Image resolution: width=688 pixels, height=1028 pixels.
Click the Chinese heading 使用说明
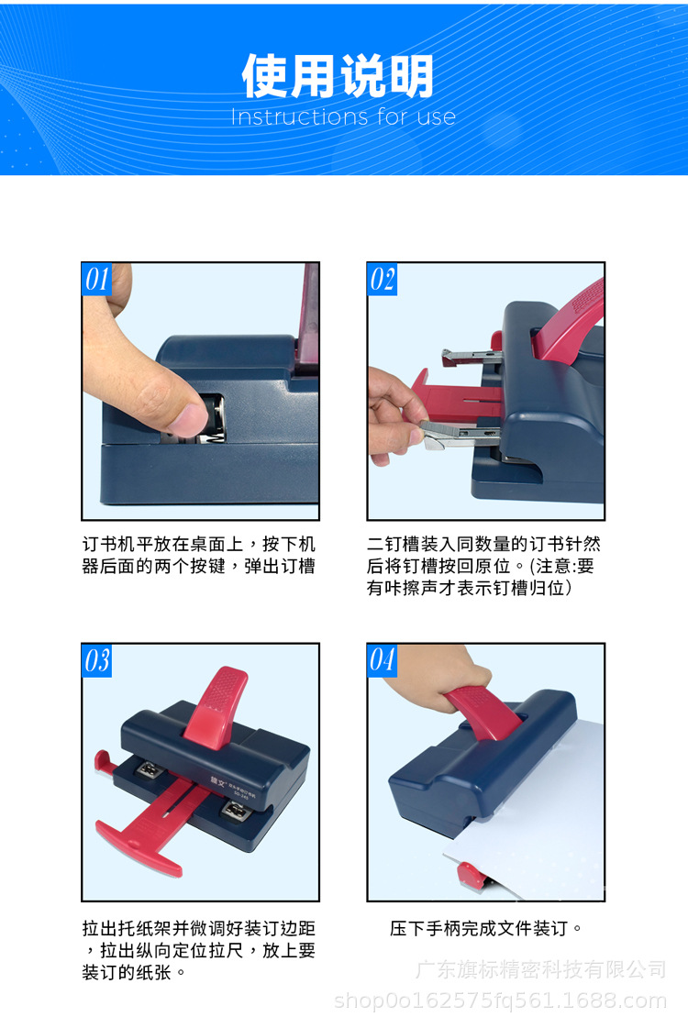[x=338, y=76]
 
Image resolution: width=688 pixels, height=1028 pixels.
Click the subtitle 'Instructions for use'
[x=343, y=116]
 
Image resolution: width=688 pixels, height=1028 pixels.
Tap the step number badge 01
[x=96, y=279]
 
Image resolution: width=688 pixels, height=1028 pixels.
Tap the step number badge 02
[x=383, y=279]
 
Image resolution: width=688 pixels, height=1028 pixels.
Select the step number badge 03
[x=96, y=660]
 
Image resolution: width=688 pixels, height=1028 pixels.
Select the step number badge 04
[x=383, y=660]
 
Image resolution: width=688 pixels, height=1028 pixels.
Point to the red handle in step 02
[x=570, y=321]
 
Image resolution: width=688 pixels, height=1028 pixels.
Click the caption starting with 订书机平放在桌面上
[x=199, y=555]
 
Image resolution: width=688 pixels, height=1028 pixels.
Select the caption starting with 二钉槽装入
[x=483, y=566]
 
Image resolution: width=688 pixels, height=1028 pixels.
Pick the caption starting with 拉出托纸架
[x=199, y=950]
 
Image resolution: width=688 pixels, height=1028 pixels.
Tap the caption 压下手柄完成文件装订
[x=486, y=928]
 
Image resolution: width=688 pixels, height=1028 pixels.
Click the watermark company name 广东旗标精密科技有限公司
[x=540, y=969]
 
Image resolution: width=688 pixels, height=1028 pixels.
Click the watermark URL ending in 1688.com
[x=501, y=1001]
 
